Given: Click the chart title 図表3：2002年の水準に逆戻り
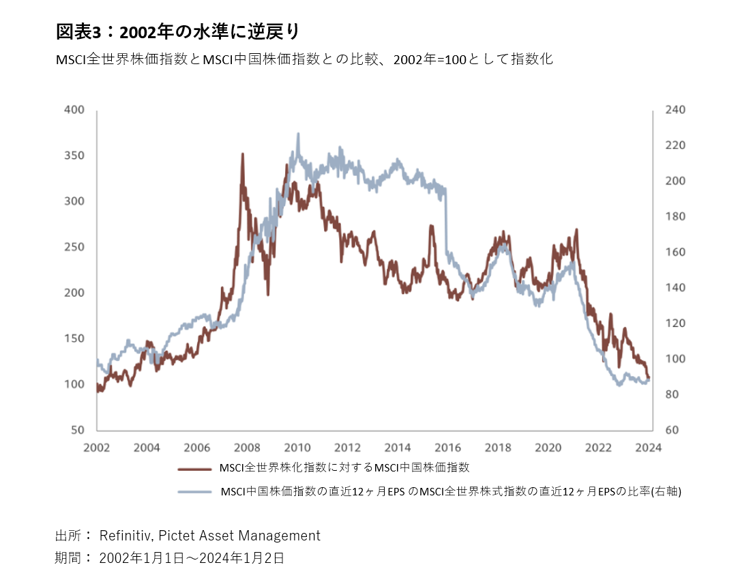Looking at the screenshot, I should point(177,31).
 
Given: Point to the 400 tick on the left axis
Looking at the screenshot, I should point(73,110).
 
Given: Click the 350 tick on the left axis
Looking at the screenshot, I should point(73,156).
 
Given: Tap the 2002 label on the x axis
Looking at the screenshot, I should point(97,448).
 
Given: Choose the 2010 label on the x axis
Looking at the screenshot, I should point(297,448).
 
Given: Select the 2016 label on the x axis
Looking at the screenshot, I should point(448,448).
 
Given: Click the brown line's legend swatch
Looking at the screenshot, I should point(194,469).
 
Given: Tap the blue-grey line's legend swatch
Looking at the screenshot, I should point(194,491).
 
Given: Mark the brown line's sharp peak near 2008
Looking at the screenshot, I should point(242,155).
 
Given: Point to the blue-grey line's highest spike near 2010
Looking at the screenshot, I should point(298,134).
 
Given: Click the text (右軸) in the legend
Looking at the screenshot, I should point(665,491).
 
